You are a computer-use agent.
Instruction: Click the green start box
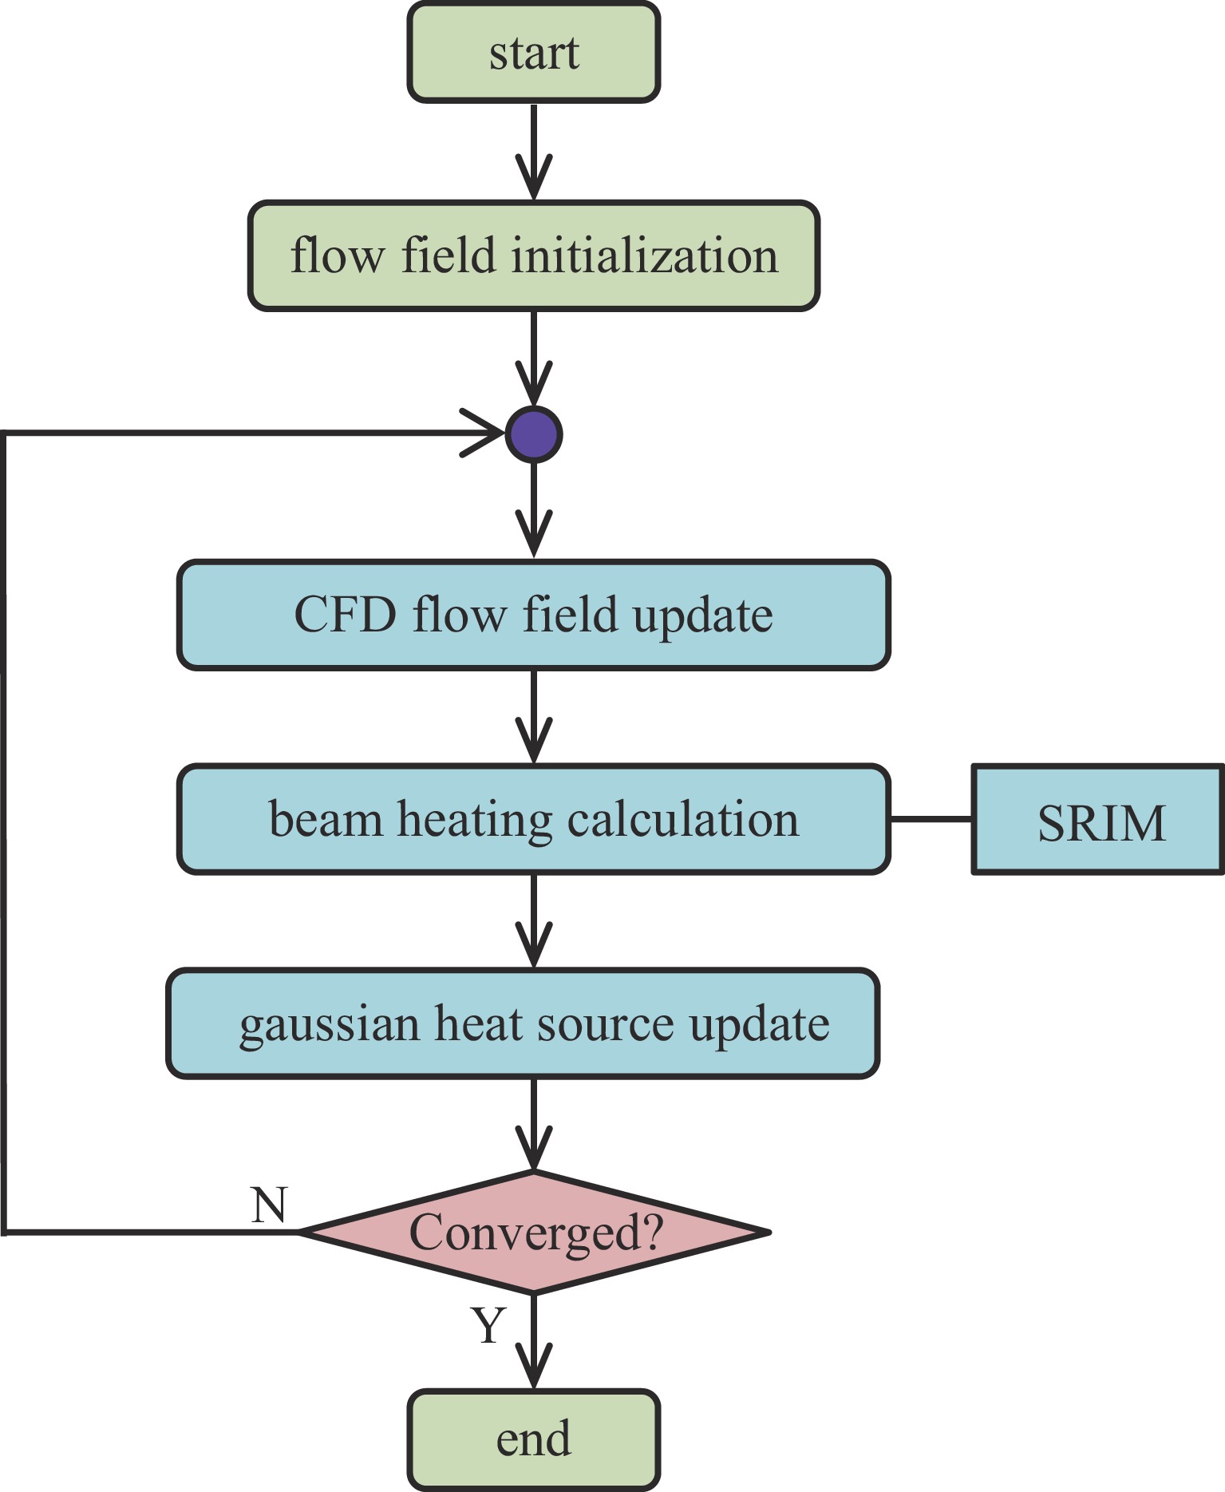533,53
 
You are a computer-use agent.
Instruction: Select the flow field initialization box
533,255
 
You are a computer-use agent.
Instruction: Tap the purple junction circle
534,434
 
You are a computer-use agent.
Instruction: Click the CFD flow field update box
533,615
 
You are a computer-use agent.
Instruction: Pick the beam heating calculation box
533,819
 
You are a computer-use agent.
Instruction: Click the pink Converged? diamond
534,1232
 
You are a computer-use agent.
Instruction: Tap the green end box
533,1439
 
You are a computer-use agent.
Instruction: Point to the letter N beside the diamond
269,1205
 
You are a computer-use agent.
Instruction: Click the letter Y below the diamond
488,1325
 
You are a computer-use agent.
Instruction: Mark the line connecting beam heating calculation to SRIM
931,819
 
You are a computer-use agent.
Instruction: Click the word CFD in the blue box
345,615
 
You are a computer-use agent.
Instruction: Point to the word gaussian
329,1025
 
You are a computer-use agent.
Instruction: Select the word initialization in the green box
644,255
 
